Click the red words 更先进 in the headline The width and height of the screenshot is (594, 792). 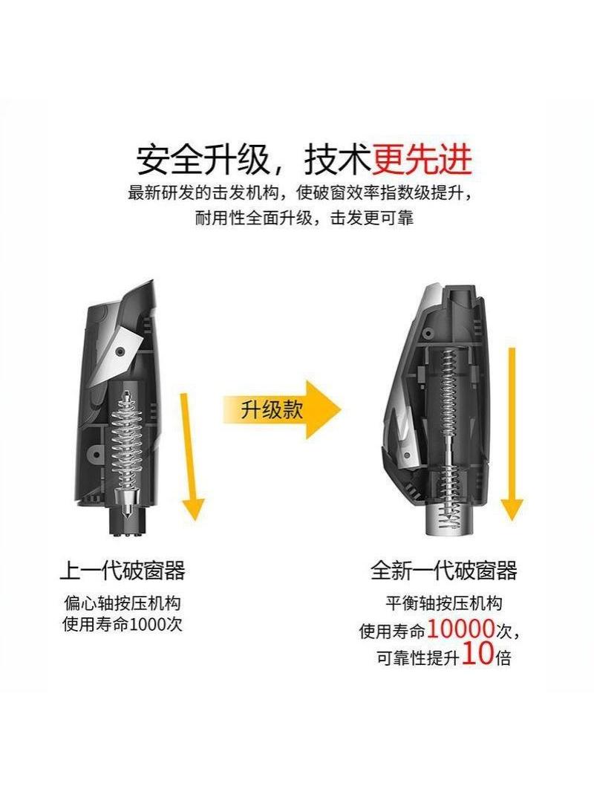[x=422, y=160]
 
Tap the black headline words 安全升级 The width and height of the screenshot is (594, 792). [x=202, y=160]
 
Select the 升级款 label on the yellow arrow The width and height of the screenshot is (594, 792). [x=272, y=409]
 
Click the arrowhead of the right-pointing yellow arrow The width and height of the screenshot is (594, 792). [x=323, y=409]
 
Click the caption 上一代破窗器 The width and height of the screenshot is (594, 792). [x=123, y=571]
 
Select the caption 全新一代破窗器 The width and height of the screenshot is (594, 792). [x=444, y=571]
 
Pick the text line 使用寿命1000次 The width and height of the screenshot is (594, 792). [x=122, y=624]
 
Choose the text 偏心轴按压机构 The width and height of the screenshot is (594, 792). [x=122, y=603]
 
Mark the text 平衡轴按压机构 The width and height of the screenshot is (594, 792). [x=444, y=603]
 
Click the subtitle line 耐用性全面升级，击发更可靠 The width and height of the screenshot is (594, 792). [x=304, y=218]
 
